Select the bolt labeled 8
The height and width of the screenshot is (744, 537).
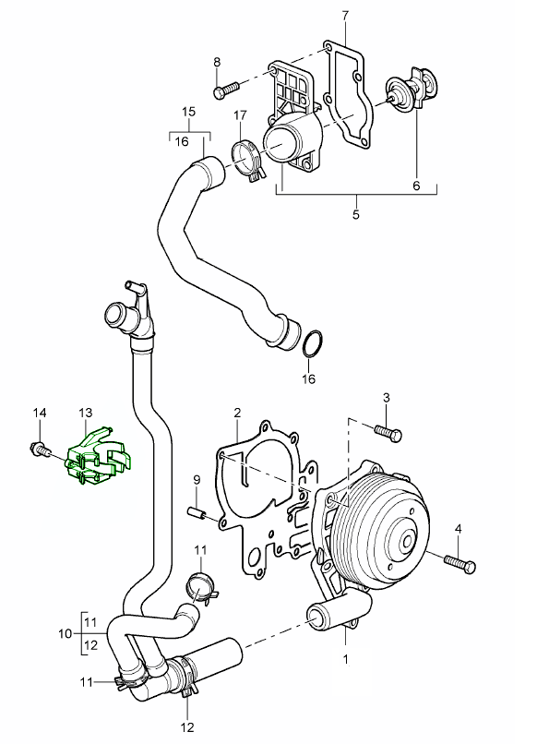(x=227, y=90)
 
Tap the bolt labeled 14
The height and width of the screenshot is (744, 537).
(x=41, y=449)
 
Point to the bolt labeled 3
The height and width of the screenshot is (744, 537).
(x=388, y=432)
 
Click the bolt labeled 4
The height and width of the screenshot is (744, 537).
(x=459, y=564)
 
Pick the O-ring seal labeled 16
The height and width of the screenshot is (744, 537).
(x=313, y=343)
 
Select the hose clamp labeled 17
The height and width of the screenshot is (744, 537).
(x=247, y=162)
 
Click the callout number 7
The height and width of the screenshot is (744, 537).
(x=345, y=16)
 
